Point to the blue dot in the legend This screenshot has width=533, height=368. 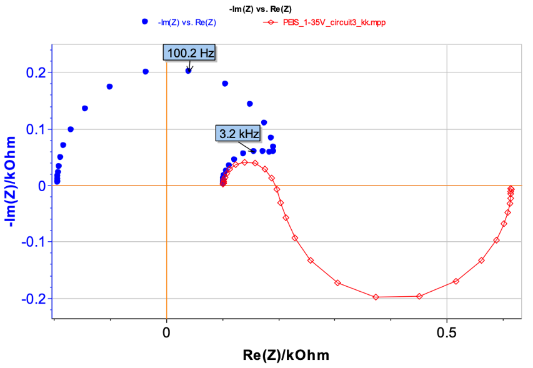point(145,21)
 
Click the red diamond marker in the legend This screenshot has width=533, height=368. point(270,22)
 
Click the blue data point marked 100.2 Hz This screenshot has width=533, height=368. point(188,71)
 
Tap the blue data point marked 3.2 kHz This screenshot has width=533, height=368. point(254,151)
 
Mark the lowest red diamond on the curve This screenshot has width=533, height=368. point(376,297)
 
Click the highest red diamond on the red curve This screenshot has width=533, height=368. point(245,162)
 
